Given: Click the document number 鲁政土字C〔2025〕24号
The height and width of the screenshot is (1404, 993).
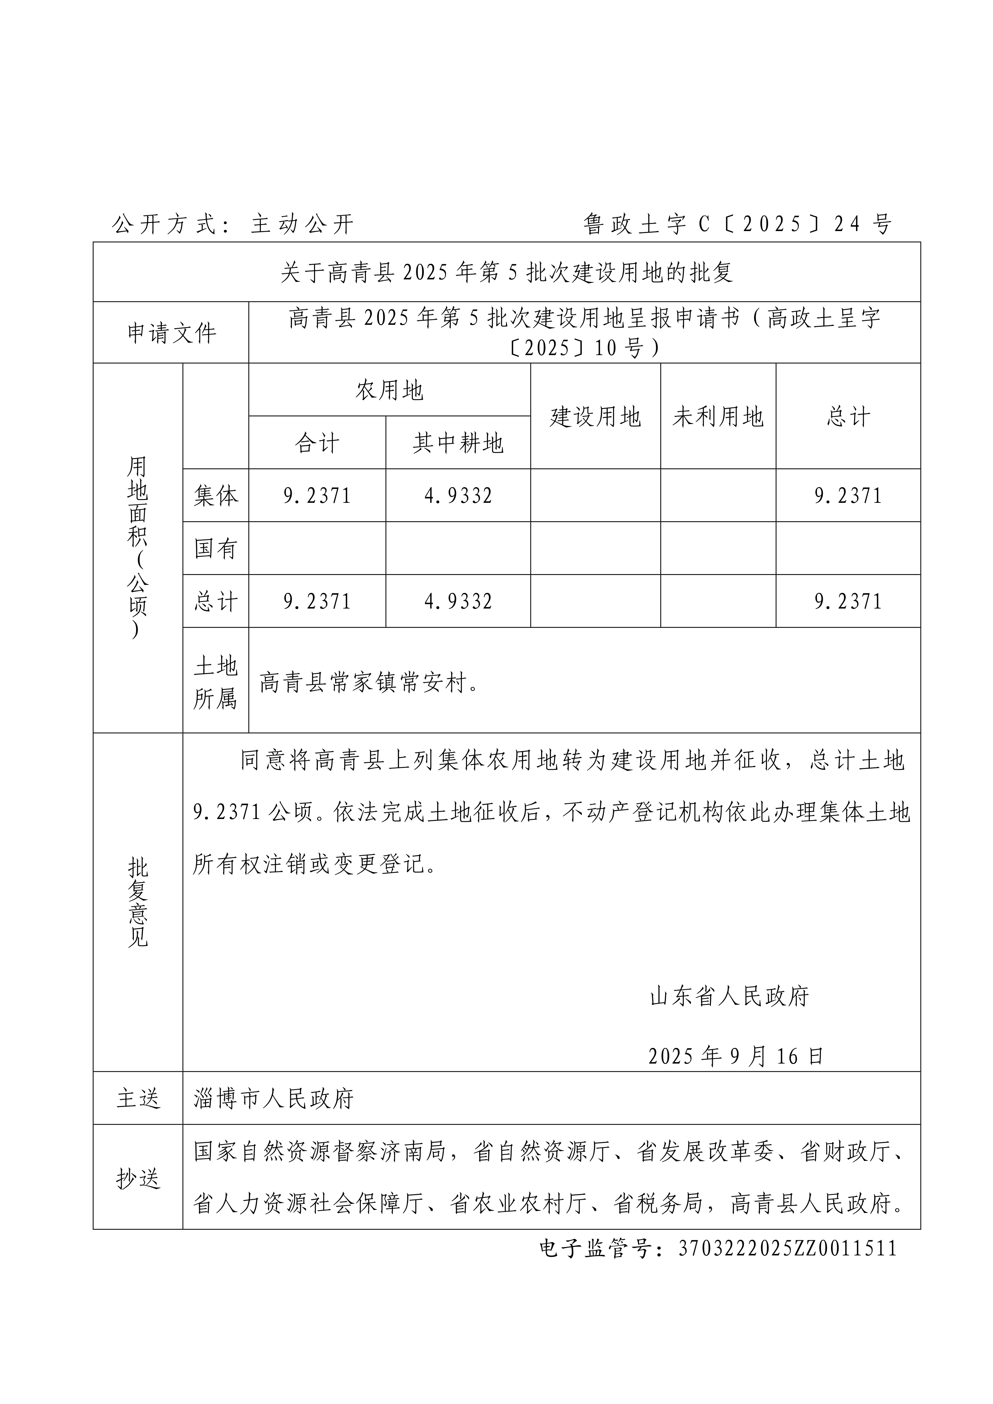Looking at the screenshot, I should point(737,225).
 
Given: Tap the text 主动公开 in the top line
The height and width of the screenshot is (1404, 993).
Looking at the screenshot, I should point(302,225).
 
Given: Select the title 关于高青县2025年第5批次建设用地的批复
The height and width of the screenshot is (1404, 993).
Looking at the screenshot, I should point(506,272).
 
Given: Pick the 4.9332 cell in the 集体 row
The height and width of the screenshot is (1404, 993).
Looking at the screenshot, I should point(458,495).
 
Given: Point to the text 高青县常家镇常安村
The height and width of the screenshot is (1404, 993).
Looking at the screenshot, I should point(369,682).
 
